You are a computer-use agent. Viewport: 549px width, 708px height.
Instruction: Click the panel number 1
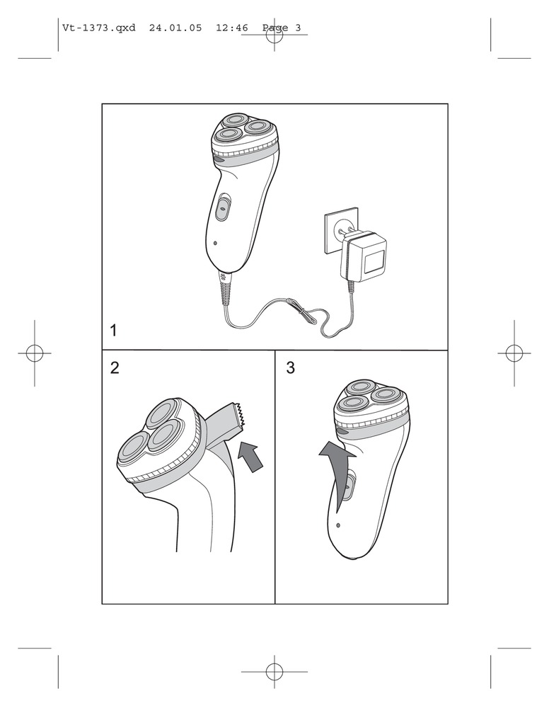114,331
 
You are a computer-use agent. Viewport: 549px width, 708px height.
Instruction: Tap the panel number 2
115,367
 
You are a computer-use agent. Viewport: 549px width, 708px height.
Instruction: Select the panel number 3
291,367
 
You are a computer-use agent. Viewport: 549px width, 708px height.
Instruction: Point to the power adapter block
364,258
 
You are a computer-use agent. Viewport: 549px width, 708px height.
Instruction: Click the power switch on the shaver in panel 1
223,207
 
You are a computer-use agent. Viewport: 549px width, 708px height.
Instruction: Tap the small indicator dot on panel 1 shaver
215,243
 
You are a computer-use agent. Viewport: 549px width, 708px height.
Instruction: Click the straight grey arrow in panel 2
250,456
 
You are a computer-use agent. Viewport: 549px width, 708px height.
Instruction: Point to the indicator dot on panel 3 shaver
338,525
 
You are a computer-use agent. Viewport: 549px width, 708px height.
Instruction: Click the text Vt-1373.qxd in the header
99,28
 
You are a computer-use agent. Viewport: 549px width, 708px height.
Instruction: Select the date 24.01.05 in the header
175,28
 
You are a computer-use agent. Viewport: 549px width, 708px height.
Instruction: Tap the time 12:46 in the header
232,28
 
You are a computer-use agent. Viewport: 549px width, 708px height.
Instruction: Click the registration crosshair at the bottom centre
274,672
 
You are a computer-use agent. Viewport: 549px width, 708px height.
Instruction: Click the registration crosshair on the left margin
35,353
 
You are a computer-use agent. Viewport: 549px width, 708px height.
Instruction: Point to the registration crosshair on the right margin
514,353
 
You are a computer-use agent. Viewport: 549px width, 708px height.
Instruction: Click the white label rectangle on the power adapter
374,263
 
